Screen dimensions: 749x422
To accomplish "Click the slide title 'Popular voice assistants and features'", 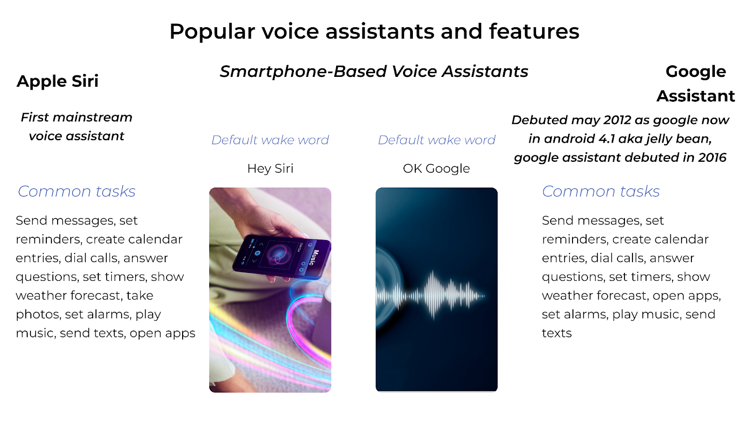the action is pyautogui.click(x=374, y=31).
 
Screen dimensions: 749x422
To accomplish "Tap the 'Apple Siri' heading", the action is pyautogui.click(x=58, y=81).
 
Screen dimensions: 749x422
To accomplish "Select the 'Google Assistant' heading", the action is pyautogui.click(x=696, y=84).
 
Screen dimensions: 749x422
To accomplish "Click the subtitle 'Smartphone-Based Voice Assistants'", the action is pyautogui.click(x=374, y=72).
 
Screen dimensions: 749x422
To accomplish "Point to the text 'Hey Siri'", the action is pyautogui.click(x=270, y=169).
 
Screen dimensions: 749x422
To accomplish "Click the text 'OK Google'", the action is pyautogui.click(x=436, y=169).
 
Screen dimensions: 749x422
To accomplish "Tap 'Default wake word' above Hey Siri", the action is pyautogui.click(x=270, y=140).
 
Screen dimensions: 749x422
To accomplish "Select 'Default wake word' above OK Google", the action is pyautogui.click(x=436, y=140).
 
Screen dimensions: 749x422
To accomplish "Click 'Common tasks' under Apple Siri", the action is pyautogui.click(x=77, y=192).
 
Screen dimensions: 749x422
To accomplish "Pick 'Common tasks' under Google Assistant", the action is pyautogui.click(x=601, y=192).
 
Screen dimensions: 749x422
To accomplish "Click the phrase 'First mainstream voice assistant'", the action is pyautogui.click(x=77, y=127).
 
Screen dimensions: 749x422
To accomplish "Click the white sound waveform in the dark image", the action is pyautogui.click(x=431, y=295).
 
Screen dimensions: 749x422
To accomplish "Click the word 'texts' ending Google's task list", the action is pyautogui.click(x=557, y=333).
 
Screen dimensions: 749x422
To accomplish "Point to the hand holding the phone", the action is pyautogui.click(x=267, y=214).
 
